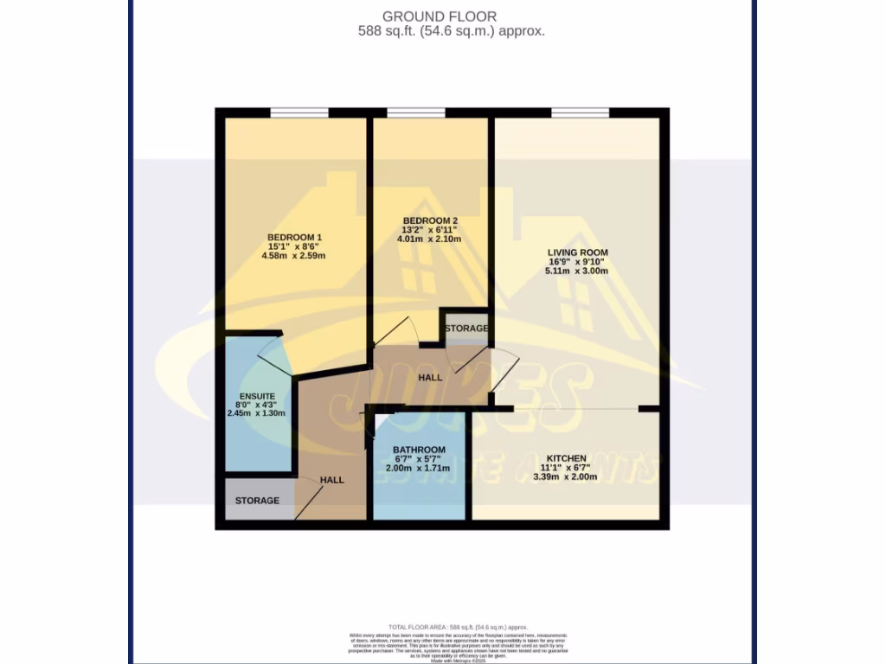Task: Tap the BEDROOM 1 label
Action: pos(295,238)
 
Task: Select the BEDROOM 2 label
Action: pos(430,220)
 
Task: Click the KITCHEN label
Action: pos(566,458)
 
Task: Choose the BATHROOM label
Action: pos(419,450)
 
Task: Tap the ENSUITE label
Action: pos(256,395)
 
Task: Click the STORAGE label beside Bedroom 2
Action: pos(466,329)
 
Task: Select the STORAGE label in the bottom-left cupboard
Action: pos(257,501)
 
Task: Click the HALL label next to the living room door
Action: pos(430,378)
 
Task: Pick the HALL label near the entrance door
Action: pos(331,480)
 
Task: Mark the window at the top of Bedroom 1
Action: pos(299,112)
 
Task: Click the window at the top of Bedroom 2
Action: pos(416,112)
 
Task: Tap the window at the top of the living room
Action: pos(580,112)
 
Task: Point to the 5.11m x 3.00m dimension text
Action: pos(577,271)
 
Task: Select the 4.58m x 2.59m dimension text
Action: pos(295,256)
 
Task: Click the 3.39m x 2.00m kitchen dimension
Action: pos(566,476)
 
